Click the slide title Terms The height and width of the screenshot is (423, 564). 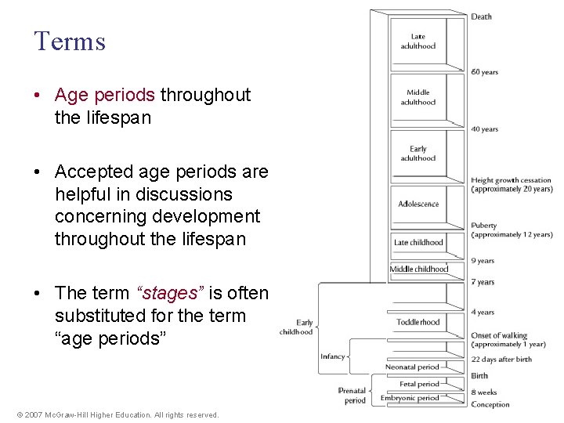click(70, 42)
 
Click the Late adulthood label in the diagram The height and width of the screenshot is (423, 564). click(418, 41)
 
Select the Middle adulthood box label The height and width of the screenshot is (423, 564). click(418, 97)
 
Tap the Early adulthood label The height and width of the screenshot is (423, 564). click(418, 154)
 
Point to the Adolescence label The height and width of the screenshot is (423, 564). click(418, 204)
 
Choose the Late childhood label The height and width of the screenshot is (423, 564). click(418, 243)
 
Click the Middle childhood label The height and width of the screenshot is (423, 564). click(419, 269)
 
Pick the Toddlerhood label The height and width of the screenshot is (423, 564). click(418, 322)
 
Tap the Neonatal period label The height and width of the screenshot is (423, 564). click(412, 367)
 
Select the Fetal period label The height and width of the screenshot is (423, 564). click(419, 384)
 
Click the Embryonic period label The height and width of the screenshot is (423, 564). click(410, 398)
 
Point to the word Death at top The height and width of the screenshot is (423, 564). click(482, 16)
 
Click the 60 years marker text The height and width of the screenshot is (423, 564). click(485, 72)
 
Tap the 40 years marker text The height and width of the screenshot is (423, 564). click(485, 129)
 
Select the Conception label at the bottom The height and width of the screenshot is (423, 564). click(490, 405)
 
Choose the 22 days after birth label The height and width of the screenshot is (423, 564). click(501, 360)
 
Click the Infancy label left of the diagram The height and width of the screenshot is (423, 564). click(332, 356)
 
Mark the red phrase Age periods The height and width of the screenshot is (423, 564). click(105, 95)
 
